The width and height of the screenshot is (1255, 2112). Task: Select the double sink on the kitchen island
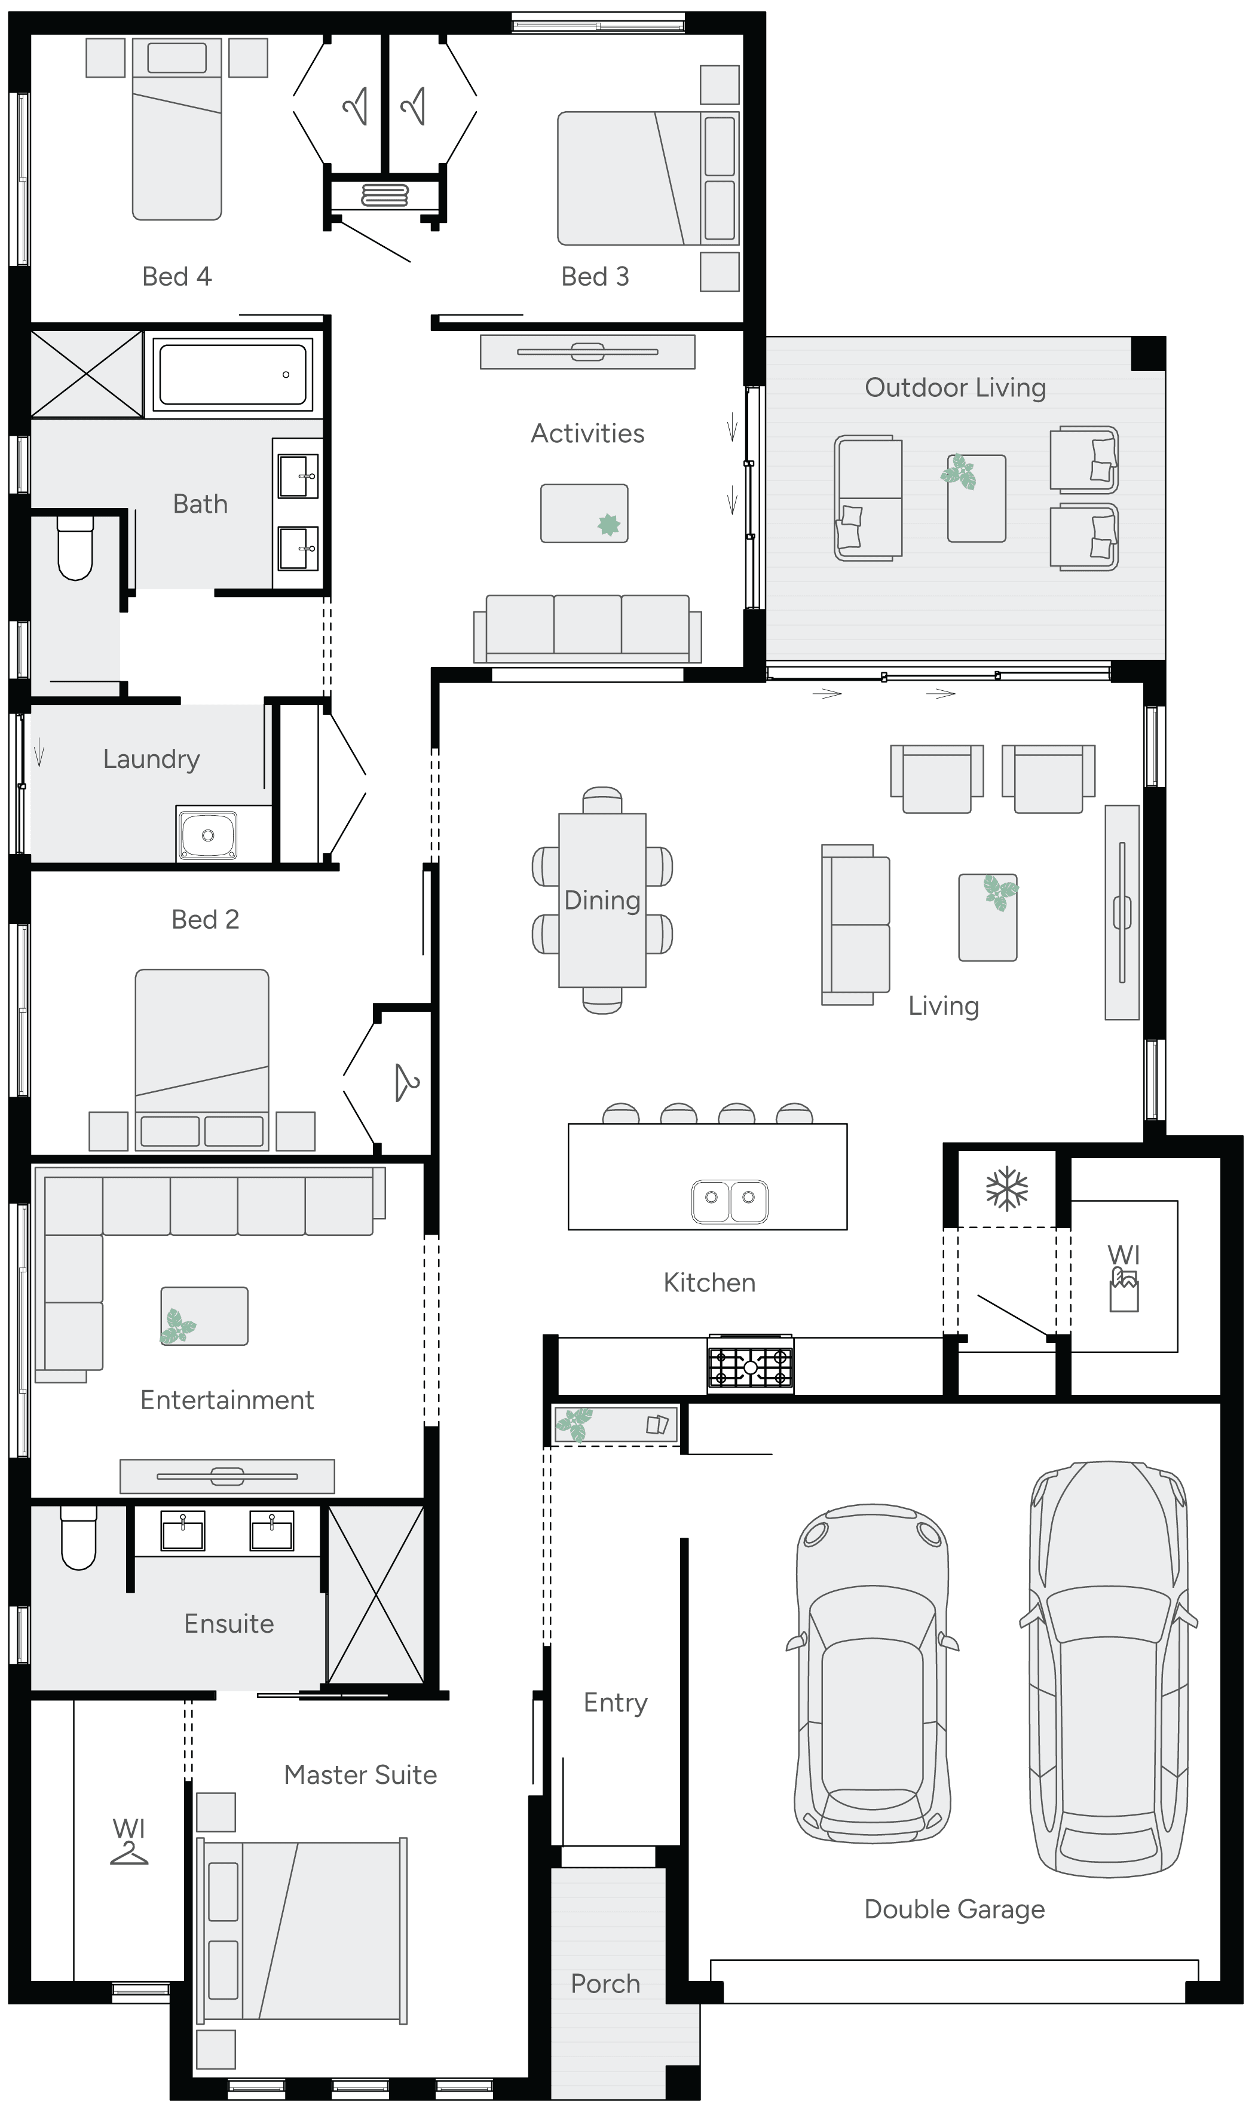click(729, 1201)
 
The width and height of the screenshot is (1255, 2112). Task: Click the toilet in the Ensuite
click(79, 1539)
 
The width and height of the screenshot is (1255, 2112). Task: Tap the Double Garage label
click(954, 1909)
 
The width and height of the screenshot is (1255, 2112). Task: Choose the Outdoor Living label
click(955, 387)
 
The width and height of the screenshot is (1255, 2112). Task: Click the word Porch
click(605, 1984)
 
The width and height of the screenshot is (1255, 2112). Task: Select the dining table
click(602, 901)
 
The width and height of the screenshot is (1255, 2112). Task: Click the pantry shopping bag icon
click(1124, 1292)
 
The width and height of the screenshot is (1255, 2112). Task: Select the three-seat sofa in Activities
click(587, 628)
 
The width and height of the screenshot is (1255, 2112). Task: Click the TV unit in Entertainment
click(226, 1476)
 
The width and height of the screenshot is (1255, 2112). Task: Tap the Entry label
click(615, 1702)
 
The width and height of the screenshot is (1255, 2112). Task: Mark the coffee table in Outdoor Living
click(976, 498)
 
